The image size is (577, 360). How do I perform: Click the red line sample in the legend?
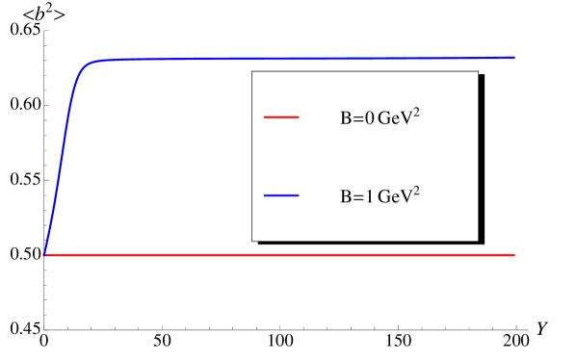[x=281, y=117]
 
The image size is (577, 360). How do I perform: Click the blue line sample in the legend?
[x=281, y=195]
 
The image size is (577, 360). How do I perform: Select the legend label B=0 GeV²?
[x=380, y=118]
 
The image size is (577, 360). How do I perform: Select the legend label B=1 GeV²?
[x=380, y=196]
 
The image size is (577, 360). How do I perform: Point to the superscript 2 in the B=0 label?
[x=416, y=113]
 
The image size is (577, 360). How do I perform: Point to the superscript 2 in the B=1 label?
[x=416, y=191]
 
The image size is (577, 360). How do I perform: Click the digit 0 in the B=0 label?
[x=368, y=120]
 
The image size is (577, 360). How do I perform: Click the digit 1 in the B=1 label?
[x=368, y=198]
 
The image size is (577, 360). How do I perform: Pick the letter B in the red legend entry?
[x=345, y=120]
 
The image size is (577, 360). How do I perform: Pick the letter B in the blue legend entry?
[x=345, y=198]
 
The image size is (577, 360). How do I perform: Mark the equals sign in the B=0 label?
[x=356, y=120]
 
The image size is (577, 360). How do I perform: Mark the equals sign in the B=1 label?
[x=356, y=198]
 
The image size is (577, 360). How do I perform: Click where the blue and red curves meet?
[x=45, y=255]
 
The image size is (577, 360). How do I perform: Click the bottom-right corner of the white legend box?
[x=478, y=240]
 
